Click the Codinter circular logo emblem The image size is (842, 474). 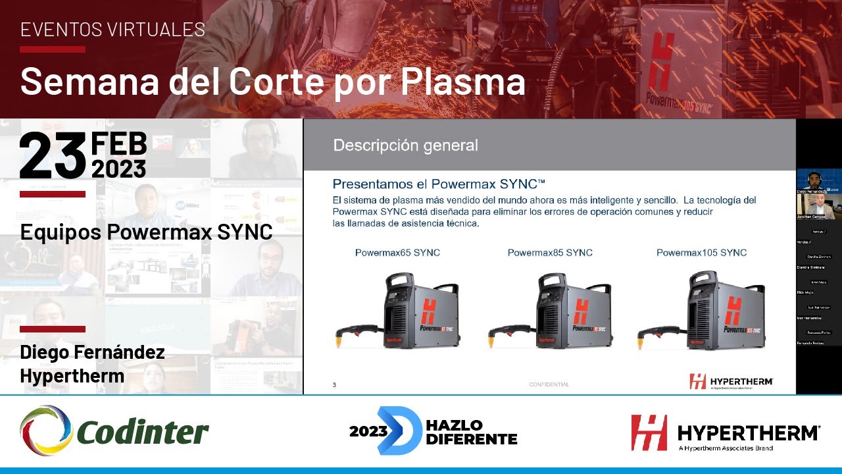[x=46, y=431]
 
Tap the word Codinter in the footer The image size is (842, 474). [x=143, y=433]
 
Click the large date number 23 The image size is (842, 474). [x=53, y=156]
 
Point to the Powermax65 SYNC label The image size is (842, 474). [x=397, y=253]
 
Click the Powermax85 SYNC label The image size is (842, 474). [x=550, y=253]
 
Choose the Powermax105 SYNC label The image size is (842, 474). [x=701, y=253]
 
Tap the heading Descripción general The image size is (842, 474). [x=405, y=145]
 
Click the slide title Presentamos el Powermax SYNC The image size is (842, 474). [x=439, y=184]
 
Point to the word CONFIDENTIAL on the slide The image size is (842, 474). [x=549, y=384]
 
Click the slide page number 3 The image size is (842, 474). [x=334, y=385]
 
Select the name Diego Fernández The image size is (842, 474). [x=92, y=353]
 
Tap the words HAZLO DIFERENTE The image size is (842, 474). [x=471, y=432]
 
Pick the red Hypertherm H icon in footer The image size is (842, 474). [x=649, y=433]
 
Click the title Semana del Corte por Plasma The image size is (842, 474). [x=272, y=82]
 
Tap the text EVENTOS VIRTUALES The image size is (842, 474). [x=112, y=30]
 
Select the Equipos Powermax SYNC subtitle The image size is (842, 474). [x=146, y=232]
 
